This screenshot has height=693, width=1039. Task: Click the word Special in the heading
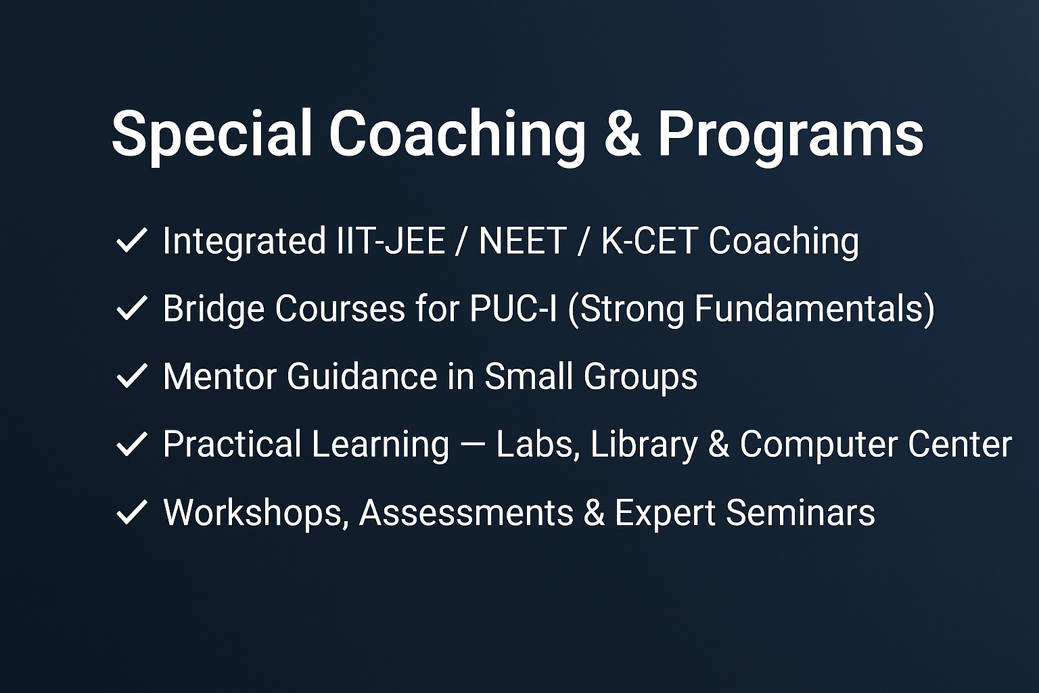(x=212, y=134)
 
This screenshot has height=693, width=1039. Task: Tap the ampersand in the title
(x=622, y=134)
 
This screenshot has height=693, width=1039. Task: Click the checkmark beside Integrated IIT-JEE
(x=132, y=240)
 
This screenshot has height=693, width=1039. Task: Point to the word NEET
(x=523, y=240)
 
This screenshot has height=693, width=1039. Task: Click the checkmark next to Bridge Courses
(x=132, y=308)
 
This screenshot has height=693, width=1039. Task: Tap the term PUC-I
(x=513, y=308)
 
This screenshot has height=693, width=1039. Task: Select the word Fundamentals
(x=808, y=308)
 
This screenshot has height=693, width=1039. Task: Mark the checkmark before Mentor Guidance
(x=132, y=376)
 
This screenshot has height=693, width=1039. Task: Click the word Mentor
(x=220, y=376)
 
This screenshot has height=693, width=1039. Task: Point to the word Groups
(x=641, y=378)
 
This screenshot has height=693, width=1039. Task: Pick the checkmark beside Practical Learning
(x=132, y=444)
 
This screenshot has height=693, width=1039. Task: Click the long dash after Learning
(x=473, y=444)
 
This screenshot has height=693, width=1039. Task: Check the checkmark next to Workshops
(x=132, y=512)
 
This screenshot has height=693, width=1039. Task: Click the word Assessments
(x=467, y=512)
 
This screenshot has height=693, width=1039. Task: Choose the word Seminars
(x=800, y=512)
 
